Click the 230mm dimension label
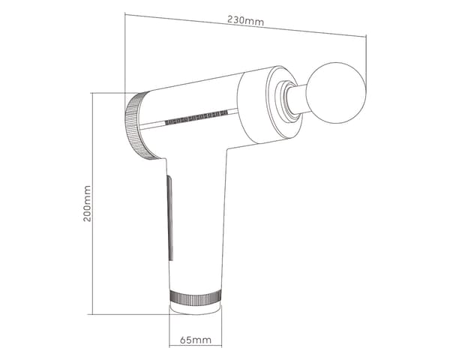(246, 20)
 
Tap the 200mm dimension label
(87, 203)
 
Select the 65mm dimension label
(196, 340)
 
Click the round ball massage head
(336, 93)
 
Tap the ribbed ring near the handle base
(196, 296)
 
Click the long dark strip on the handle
(170, 218)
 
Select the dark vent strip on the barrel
(196, 117)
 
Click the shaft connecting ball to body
(296, 98)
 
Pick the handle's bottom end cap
(196, 307)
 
